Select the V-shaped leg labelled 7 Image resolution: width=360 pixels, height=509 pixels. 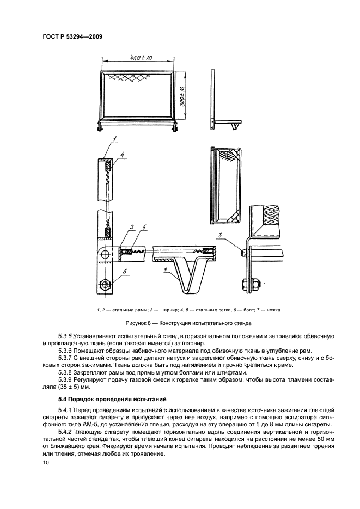(x=192, y=275)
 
